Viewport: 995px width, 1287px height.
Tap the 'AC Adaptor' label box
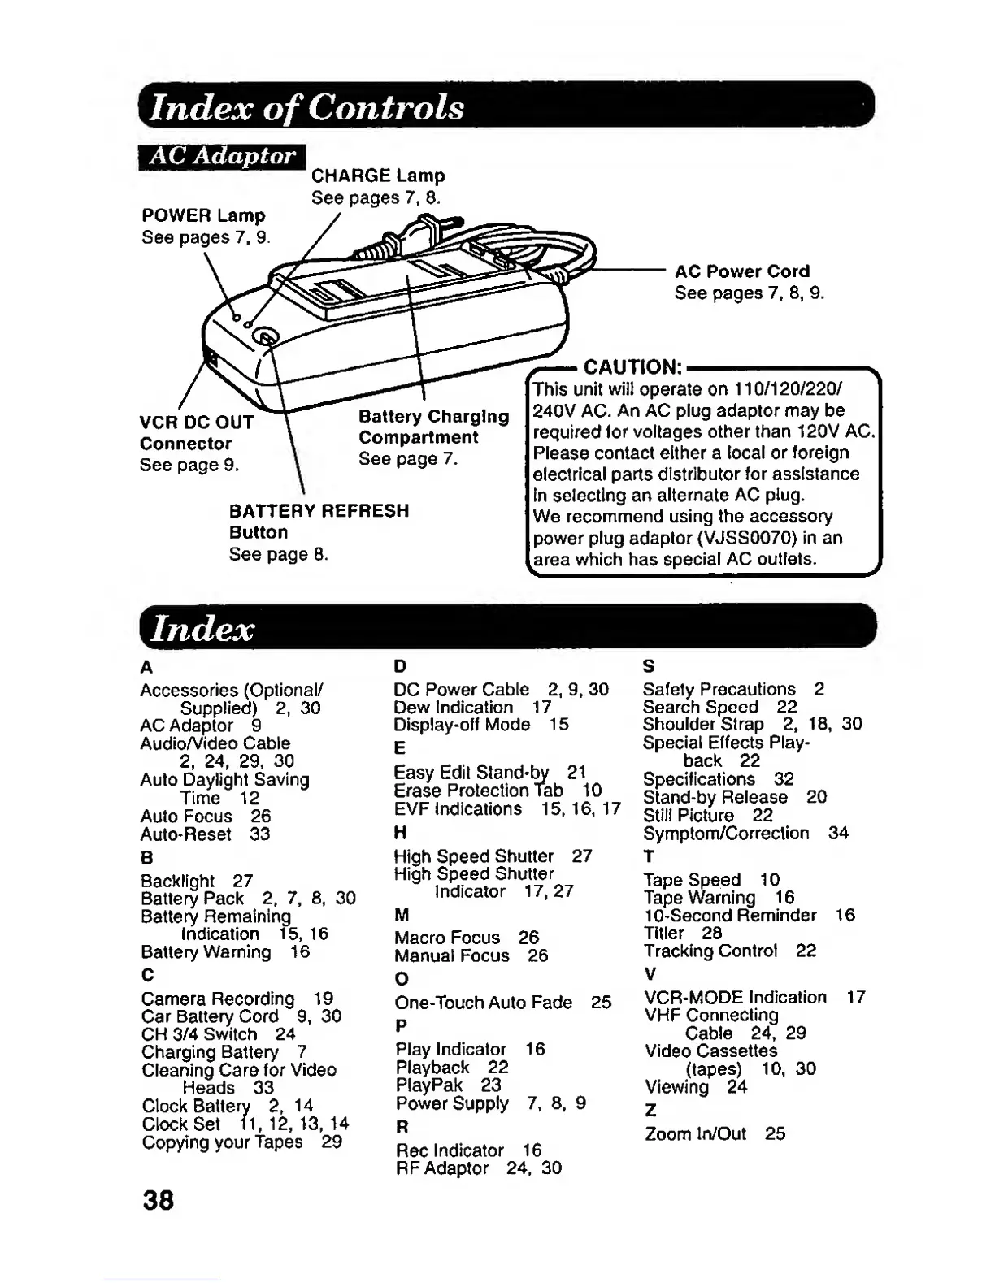pyautogui.click(x=222, y=155)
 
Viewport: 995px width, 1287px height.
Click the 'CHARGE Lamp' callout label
pyautogui.click(x=378, y=175)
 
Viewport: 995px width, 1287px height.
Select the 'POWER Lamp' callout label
pyautogui.click(x=203, y=216)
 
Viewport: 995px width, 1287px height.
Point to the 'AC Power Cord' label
pyautogui.click(x=742, y=271)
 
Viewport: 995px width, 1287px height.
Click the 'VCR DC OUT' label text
pyautogui.click(x=197, y=422)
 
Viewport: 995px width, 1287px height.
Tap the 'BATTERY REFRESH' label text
pyautogui.click(x=319, y=511)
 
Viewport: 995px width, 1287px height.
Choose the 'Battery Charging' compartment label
pyautogui.click(x=434, y=417)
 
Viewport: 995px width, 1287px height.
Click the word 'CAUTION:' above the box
pyautogui.click(x=632, y=366)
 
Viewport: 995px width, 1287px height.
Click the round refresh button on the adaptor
pyautogui.click(x=265, y=337)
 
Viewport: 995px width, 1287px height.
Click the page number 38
pyautogui.click(x=157, y=1199)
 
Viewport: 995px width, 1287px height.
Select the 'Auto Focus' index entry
pyautogui.click(x=186, y=816)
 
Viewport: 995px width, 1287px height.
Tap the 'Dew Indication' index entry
pyautogui.click(x=453, y=707)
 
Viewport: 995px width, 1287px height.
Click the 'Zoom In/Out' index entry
pyautogui.click(x=695, y=1133)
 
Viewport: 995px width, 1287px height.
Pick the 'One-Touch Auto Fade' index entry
pyautogui.click(x=484, y=1003)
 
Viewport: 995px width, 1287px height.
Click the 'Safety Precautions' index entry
pyautogui.click(x=719, y=689)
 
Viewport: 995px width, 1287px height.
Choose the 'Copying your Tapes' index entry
pyautogui.click(x=222, y=1142)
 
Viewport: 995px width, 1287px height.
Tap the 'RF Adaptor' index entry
pyautogui.click(x=442, y=1168)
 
